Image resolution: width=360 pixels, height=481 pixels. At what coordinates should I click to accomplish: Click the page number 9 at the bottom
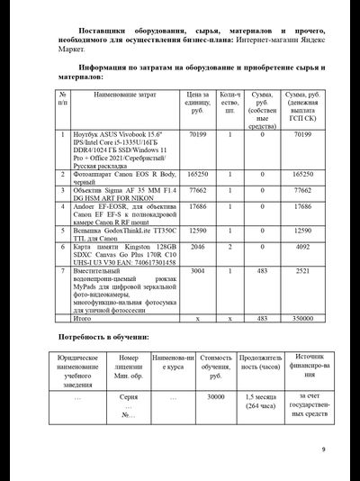tap(323, 449)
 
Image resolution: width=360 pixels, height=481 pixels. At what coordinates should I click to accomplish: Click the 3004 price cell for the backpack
tap(199, 269)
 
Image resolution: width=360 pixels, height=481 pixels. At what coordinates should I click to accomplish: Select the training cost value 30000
tap(216, 395)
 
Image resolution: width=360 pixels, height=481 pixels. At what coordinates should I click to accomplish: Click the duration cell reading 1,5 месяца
tap(261, 400)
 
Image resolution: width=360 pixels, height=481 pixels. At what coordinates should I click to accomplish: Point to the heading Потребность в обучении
tap(103, 337)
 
